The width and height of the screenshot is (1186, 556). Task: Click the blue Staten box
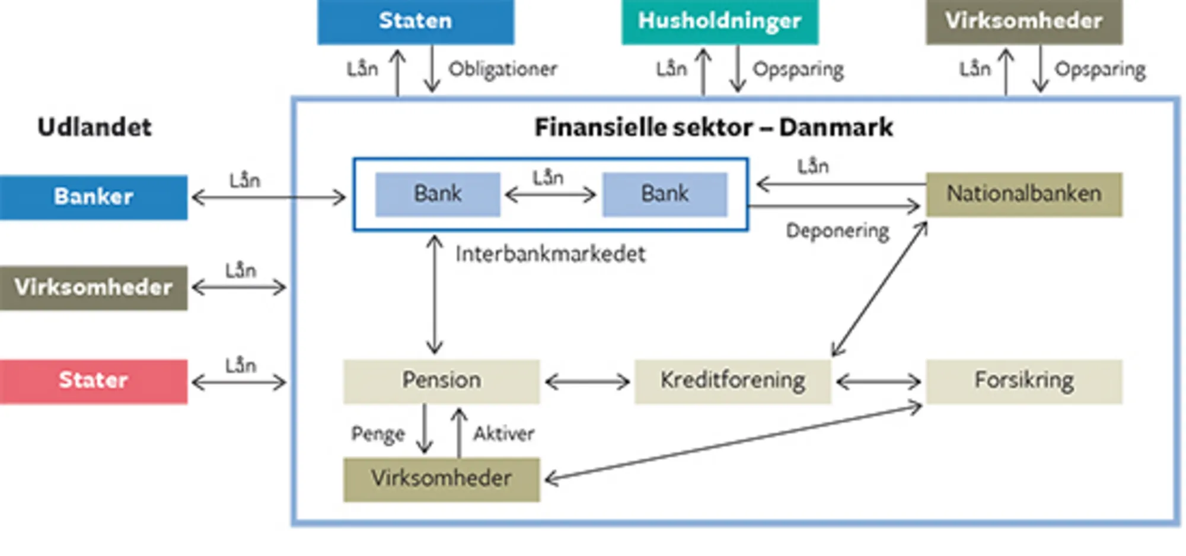(x=415, y=21)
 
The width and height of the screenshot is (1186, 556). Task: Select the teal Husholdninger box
(x=719, y=21)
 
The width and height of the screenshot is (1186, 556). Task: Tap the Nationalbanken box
(x=1024, y=194)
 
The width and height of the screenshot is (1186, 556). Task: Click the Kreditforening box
(x=732, y=381)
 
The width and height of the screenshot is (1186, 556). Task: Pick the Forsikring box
(x=1024, y=381)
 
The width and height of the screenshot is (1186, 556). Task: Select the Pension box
(x=441, y=381)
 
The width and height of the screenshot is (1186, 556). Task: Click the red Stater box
(x=93, y=381)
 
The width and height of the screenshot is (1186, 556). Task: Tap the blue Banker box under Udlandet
(x=93, y=197)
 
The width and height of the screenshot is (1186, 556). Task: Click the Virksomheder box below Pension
(x=441, y=479)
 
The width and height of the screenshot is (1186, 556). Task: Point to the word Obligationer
(x=502, y=69)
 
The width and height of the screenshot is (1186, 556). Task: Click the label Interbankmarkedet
(x=550, y=254)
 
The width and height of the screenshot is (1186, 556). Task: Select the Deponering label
(x=837, y=231)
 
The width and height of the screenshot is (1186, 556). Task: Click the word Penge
(x=378, y=434)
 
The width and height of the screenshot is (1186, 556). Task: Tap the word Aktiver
(x=503, y=434)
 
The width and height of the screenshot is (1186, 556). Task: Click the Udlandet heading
(x=94, y=127)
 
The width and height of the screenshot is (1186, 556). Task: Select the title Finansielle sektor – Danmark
(x=713, y=127)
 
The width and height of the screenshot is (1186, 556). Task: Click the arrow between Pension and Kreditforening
(x=587, y=382)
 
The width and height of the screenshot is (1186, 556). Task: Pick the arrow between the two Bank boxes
(x=550, y=194)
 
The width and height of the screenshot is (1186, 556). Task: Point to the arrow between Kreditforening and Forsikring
(x=878, y=382)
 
